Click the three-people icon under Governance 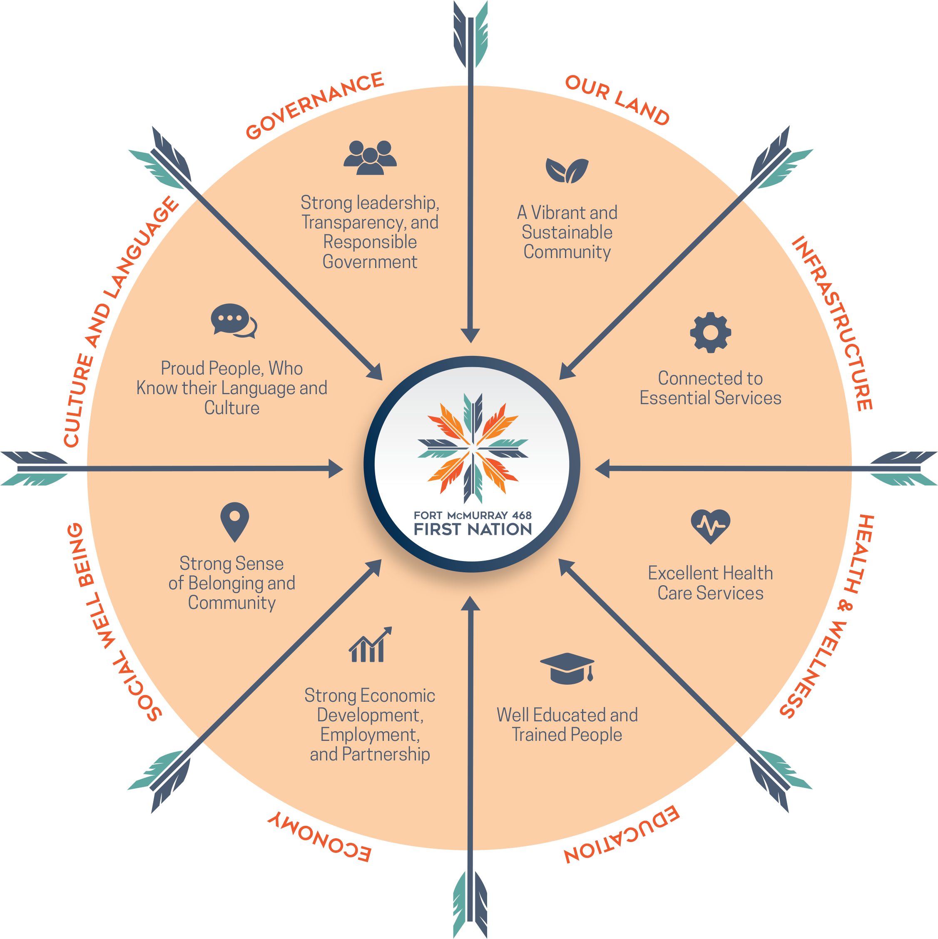point(370,157)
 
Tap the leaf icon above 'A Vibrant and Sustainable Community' point(567,171)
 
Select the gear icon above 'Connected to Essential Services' point(710,333)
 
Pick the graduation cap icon point(567,669)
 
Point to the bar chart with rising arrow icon point(370,644)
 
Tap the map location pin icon point(234,522)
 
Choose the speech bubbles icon point(234,321)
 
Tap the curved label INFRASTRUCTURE point(833,323)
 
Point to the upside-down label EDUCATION point(622,835)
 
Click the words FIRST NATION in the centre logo point(473,529)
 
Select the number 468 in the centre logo point(522,515)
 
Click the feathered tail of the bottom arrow point(470,904)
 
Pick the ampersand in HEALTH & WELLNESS point(845,606)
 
